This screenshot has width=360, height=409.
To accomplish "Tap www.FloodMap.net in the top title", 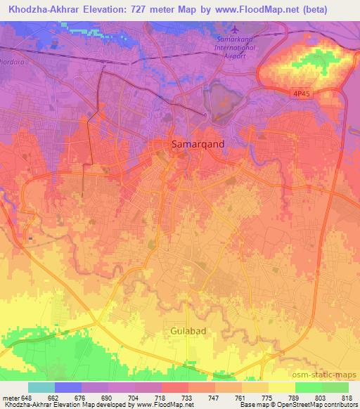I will pyautogui.click(x=283, y=8).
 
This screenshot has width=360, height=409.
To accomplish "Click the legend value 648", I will pyautogui.click(x=28, y=398).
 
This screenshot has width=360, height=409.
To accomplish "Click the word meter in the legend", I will pyautogui.click(x=10, y=398).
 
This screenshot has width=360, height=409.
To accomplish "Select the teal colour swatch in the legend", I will pyautogui.click(x=41, y=387).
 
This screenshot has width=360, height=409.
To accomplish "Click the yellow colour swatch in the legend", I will pyautogui.click(x=281, y=387).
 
